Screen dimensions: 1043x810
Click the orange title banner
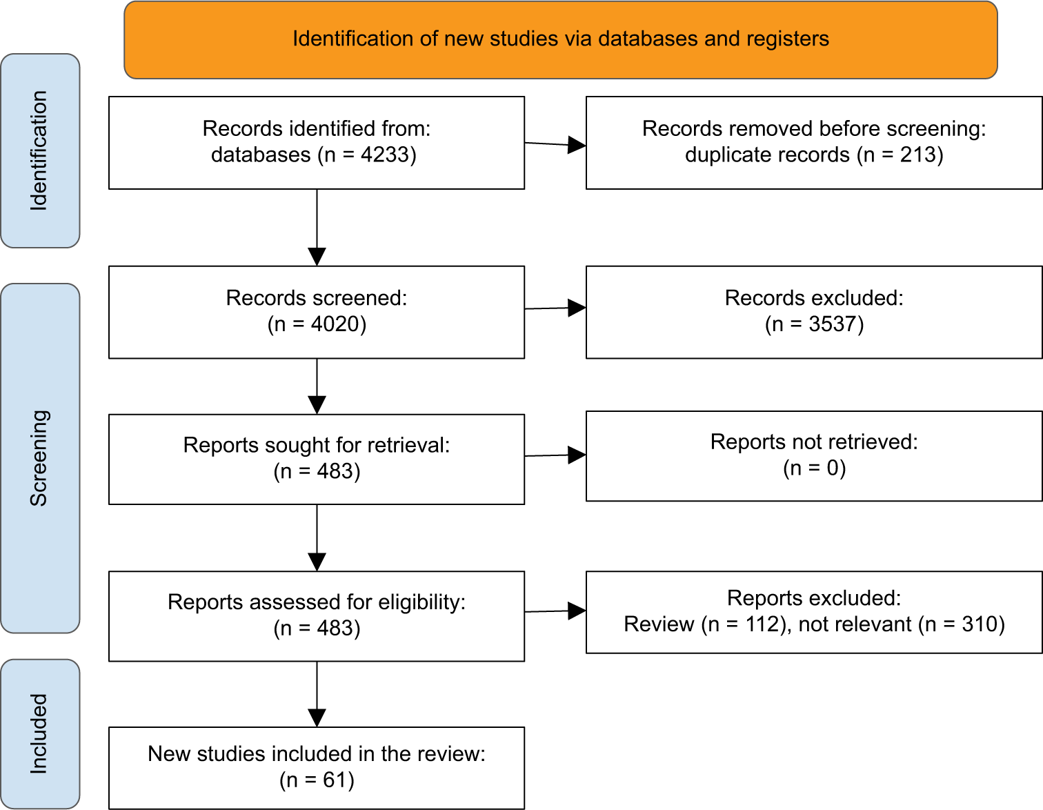point(561,40)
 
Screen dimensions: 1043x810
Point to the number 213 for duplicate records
point(919,155)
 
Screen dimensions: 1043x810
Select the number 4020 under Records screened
point(335,324)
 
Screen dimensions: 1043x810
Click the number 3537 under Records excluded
point(833,324)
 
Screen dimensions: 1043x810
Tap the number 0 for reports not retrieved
point(833,468)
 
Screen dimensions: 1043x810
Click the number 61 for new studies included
point(335,780)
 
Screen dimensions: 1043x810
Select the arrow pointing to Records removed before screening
point(555,144)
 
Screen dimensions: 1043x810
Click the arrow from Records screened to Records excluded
point(555,308)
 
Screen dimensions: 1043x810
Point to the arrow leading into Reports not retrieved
point(555,455)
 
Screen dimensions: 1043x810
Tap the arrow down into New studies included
point(317,694)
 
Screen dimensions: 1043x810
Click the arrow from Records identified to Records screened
point(317,228)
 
